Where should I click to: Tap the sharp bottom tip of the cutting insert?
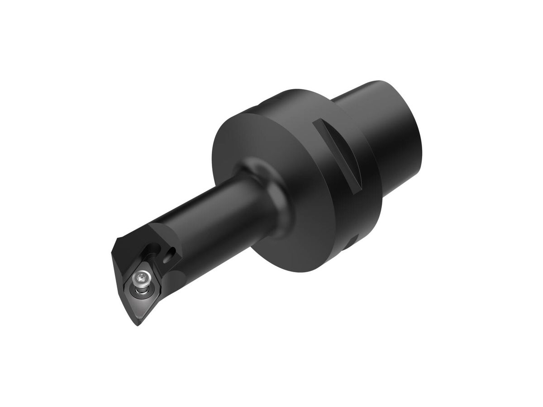pyautogui.click(x=138, y=325)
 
